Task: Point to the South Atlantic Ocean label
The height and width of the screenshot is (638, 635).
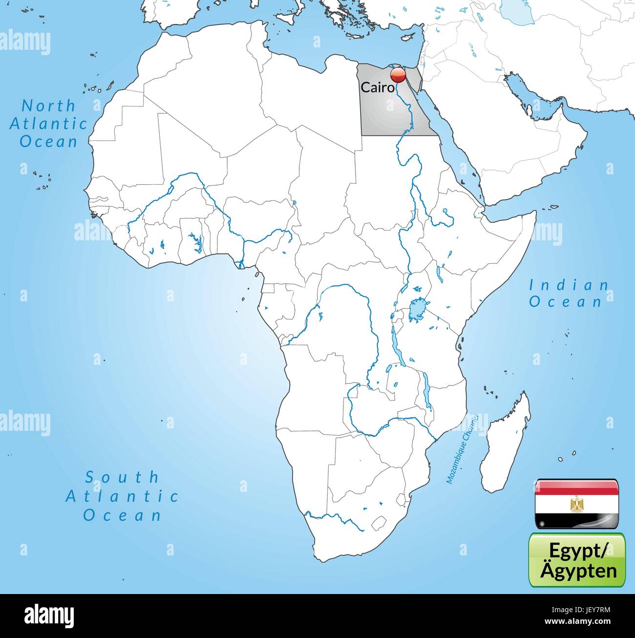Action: click(x=122, y=496)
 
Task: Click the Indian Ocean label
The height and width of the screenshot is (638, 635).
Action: click(x=569, y=293)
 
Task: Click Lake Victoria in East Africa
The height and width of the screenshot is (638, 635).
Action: click(x=417, y=309)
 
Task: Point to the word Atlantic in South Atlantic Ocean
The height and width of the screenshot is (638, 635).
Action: click(x=122, y=496)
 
